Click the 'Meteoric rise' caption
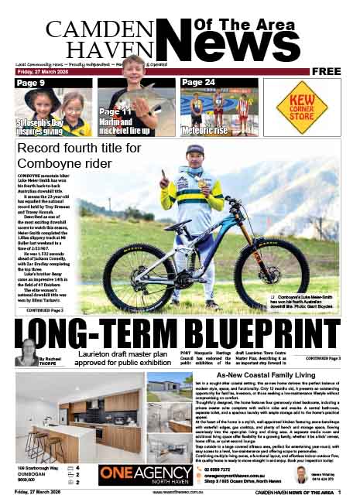click(206, 129)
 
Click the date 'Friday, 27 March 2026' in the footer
click(43, 493)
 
